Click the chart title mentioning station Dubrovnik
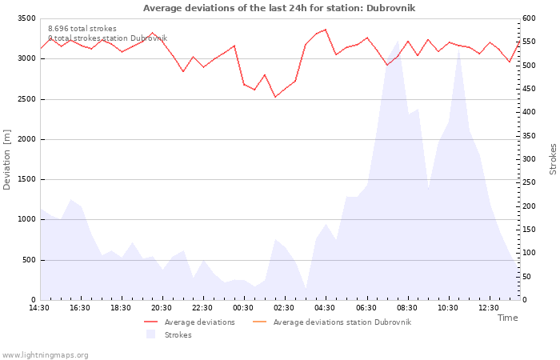pyautogui.click(x=279, y=8)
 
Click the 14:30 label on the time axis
pyautogui.click(x=39, y=308)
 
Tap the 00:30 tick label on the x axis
pyautogui.click(x=243, y=308)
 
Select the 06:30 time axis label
pyautogui.click(x=366, y=308)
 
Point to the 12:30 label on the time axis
pyautogui.click(x=489, y=308)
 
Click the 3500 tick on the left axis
pyautogui.click(x=26, y=18)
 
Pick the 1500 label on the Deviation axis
pyautogui.click(x=26, y=179)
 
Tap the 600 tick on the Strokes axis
pyautogui.click(x=529, y=18)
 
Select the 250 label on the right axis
pyautogui.click(x=529, y=182)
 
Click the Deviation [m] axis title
pyautogui.click(x=6, y=160)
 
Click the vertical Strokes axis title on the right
pyautogui.click(x=553, y=159)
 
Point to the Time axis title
pyautogui.click(x=507, y=318)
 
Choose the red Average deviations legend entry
pyautogui.click(x=190, y=322)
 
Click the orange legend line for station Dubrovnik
pyautogui.click(x=260, y=322)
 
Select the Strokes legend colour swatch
pyautogui.click(x=150, y=334)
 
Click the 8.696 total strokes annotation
pyautogui.click(x=82, y=29)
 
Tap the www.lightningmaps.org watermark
pyautogui.click(x=45, y=355)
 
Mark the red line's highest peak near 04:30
pyautogui.click(x=326, y=30)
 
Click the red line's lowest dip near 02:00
pyautogui.click(x=275, y=97)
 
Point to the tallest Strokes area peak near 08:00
pyautogui.click(x=398, y=41)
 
